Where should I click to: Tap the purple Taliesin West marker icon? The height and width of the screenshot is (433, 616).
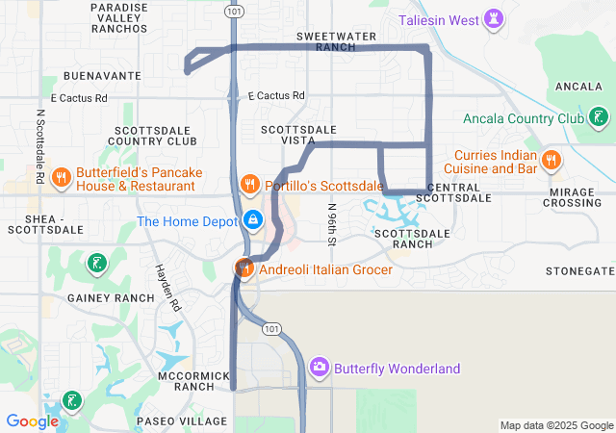click(494, 18)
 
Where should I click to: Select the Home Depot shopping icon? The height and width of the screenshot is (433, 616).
click(252, 220)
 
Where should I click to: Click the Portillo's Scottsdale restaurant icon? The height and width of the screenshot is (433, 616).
click(249, 183)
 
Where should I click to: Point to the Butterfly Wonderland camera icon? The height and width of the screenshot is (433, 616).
click(319, 368)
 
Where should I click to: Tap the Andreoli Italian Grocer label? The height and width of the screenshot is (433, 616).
click(325, 270)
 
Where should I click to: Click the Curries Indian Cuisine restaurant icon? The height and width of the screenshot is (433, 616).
click(552, 160)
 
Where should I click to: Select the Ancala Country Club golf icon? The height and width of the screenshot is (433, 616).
click(600, 118)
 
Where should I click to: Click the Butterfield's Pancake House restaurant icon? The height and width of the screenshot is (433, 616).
click(60, 176)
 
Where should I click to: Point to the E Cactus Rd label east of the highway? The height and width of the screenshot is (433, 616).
click(275, 96)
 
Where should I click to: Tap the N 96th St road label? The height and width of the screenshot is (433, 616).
click(332, 223)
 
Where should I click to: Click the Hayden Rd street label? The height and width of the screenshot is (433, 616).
click(169, 288)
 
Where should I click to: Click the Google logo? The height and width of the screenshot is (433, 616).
click(32, 420)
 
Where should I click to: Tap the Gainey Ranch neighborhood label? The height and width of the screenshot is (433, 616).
click(105, 298)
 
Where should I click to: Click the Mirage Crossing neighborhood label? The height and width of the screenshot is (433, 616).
click(573, 197)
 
